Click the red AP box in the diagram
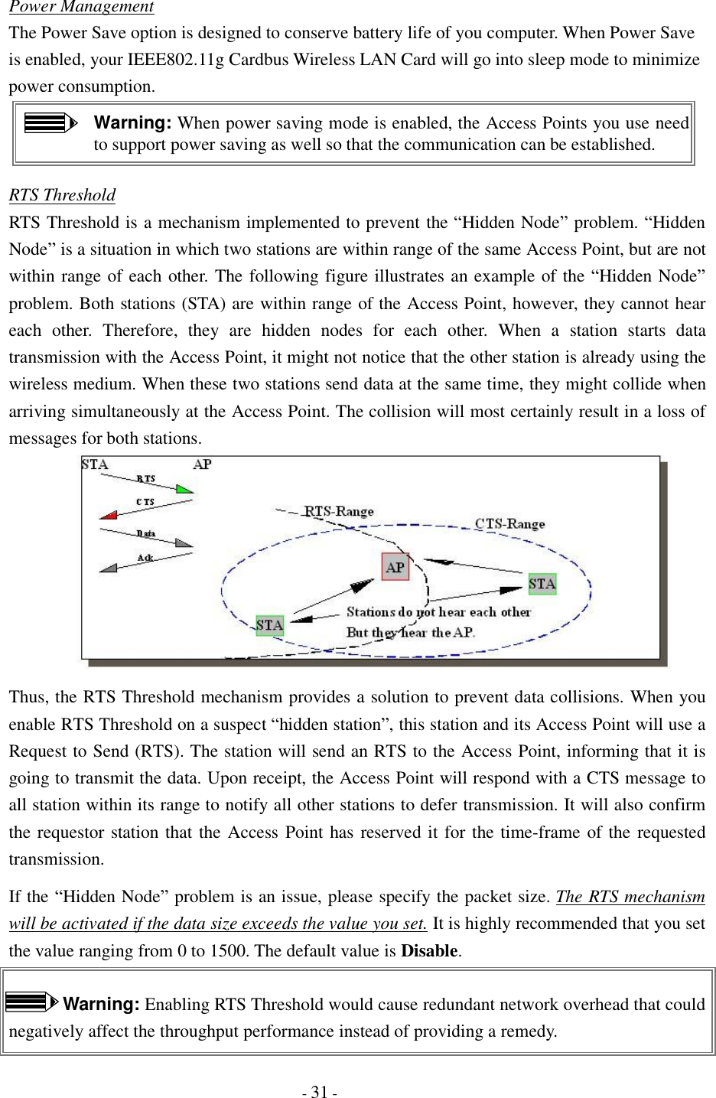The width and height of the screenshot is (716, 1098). click(x=395, y=567)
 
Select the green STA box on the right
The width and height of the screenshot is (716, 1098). click(x=542, y=584)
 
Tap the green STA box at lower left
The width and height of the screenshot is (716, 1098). click(x=269, y=625)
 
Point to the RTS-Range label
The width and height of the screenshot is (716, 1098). click(x=339, y=511)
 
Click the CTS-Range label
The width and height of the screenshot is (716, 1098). click(x=509, y=524)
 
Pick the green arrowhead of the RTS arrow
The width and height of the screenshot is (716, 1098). click(x=184, y=488)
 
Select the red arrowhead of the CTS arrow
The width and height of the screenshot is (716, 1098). click(x=108, y=515)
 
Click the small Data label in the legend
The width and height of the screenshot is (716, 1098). click(x=145, y=533)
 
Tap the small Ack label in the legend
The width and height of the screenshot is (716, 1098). click(x=145, y=558)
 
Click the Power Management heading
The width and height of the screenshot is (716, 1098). click(x=81, y=8)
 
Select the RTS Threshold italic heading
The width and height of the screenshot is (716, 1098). click(x=62, y=195)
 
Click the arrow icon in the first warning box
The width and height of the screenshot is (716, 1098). click(x=50, y=122)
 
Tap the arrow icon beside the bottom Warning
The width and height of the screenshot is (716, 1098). click(x=31, y=1002)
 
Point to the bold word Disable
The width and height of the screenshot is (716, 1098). click(x=429, y=951)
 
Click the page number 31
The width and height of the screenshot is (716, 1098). click(x=319, y=1092)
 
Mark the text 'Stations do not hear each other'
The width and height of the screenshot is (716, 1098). click(x=438, y=612)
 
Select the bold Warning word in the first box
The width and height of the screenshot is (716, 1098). click(x=132, y=122)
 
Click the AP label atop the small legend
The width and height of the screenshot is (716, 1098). click(x=202, y=464)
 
